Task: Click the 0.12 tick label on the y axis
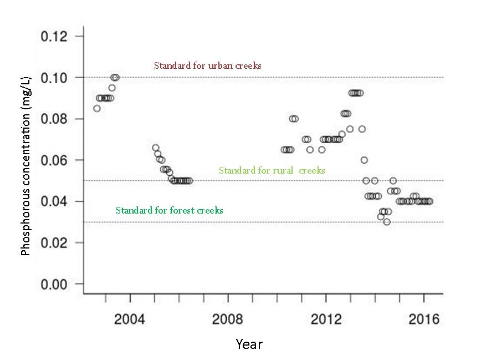54,37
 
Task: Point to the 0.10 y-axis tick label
54,78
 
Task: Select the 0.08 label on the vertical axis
54,119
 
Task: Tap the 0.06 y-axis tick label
54,160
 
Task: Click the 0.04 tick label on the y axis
54,201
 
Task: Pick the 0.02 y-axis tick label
54,243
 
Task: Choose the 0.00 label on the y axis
54,284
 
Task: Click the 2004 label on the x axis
130,320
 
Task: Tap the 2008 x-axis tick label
228,320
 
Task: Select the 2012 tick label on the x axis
326,320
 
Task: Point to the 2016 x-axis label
424,320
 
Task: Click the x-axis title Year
249,344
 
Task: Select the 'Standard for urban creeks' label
207,65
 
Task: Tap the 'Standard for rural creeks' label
272,170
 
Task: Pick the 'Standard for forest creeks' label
169,210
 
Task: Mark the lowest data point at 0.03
387,222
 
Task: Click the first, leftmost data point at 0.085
97,108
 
